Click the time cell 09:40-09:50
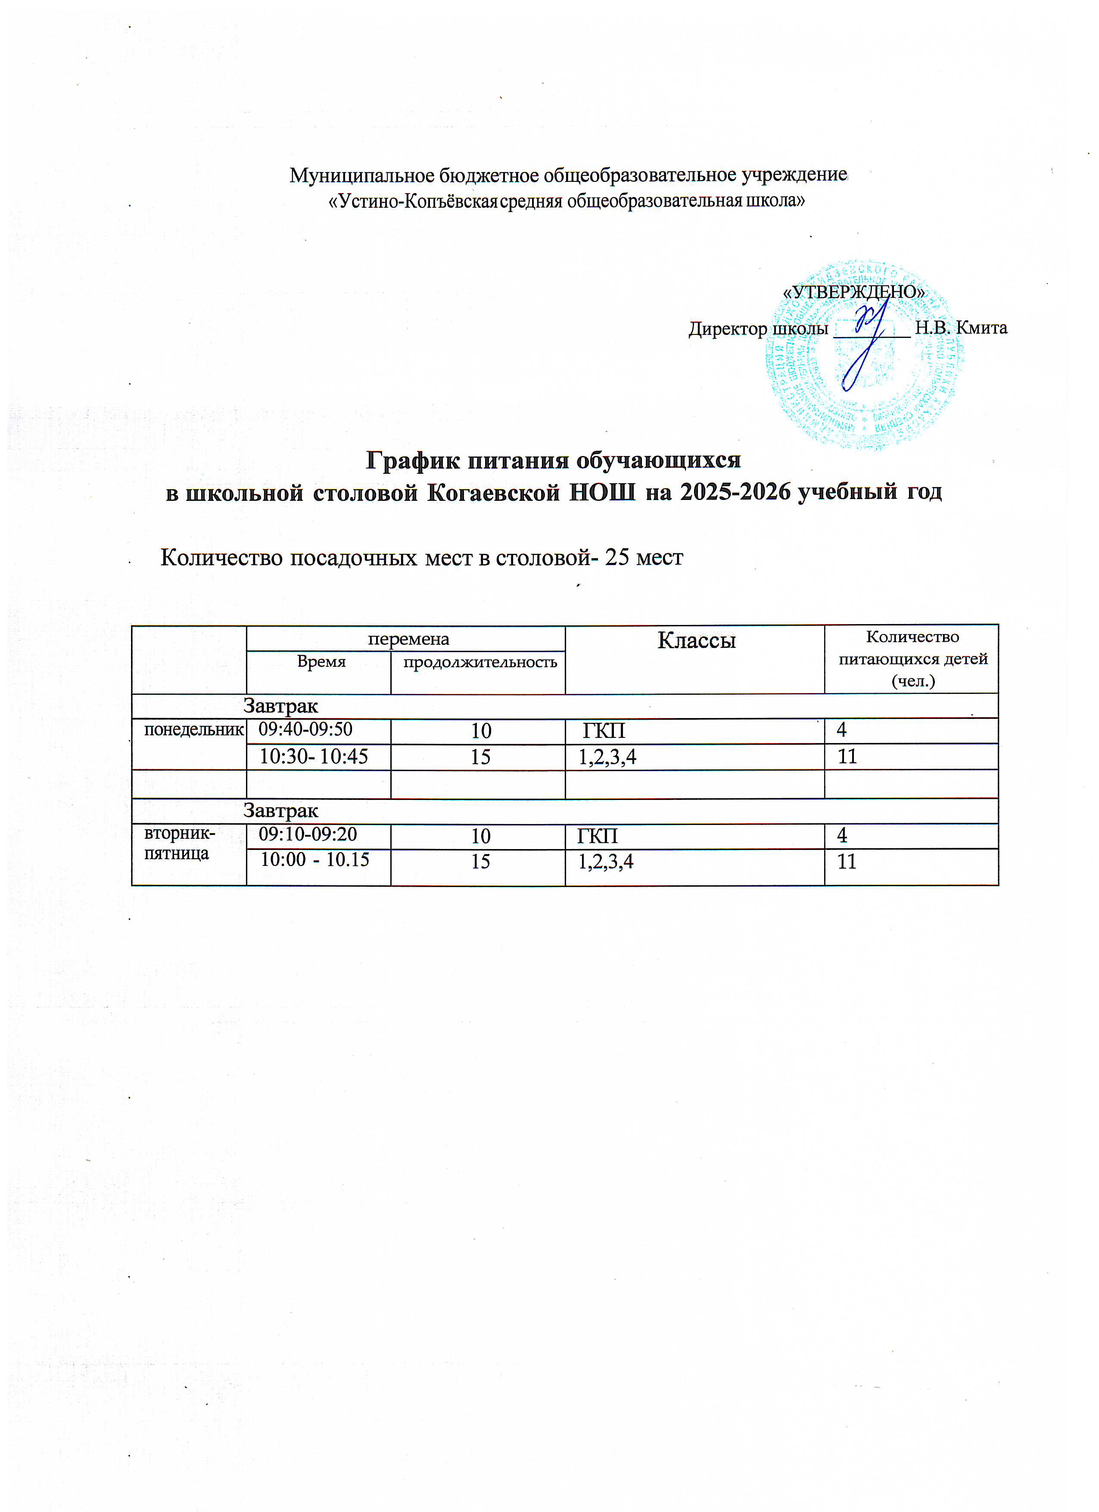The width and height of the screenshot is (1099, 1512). point(305,729)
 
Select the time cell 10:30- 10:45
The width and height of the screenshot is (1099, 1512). point(313,757)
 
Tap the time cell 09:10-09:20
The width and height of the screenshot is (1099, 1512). point(307,834)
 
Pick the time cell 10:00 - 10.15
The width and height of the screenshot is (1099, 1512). point(314,860)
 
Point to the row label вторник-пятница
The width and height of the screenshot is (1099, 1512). point(179,843)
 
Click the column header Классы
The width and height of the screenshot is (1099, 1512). point(697,640)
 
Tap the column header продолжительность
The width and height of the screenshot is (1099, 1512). point(480,662)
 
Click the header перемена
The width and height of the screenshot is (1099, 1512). point(408,639)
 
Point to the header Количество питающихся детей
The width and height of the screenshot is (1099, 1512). point(912,658)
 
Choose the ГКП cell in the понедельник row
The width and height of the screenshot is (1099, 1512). point(604,731)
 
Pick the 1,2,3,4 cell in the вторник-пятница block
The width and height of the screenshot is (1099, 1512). point(605,862)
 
